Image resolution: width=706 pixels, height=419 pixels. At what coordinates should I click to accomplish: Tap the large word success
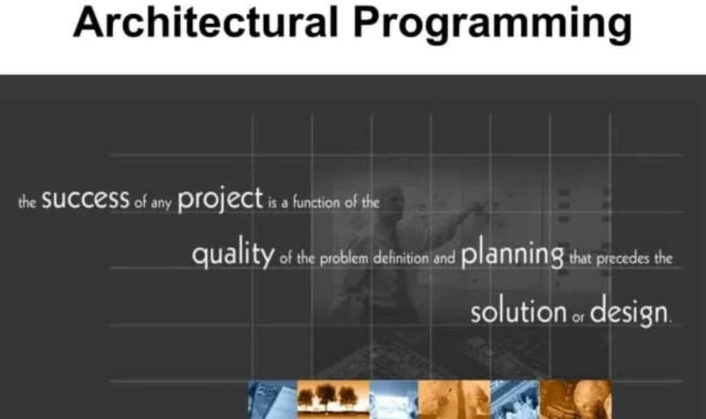[85, 201]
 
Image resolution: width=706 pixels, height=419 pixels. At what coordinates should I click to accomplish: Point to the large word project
[221, 201]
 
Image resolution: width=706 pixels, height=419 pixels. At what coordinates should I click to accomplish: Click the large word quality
[233, 256]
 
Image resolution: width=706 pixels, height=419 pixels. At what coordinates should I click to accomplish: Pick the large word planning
[513, 256]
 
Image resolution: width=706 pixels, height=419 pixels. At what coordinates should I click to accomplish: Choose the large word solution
[518, 311]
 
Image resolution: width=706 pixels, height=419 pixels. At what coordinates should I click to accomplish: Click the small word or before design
[578, 316]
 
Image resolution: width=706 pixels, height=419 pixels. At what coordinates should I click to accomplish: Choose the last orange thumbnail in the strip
[576, 399]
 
